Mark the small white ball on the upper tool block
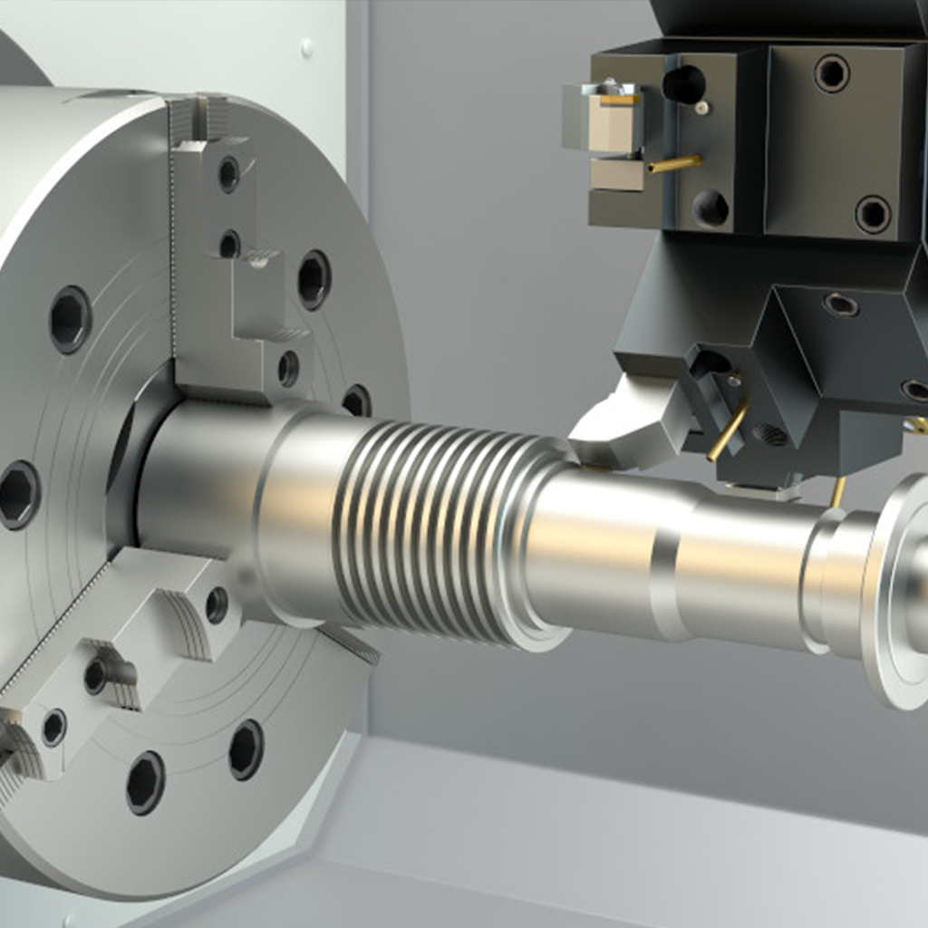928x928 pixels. point(701,108)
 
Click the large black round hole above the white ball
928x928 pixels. point(684,84)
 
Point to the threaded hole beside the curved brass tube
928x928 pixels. point(769,435)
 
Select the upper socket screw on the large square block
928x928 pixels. point(831,73)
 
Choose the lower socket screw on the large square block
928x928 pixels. point(873,214)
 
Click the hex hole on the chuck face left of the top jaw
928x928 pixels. point(70,319)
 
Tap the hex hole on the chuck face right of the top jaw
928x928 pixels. point(314,279)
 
